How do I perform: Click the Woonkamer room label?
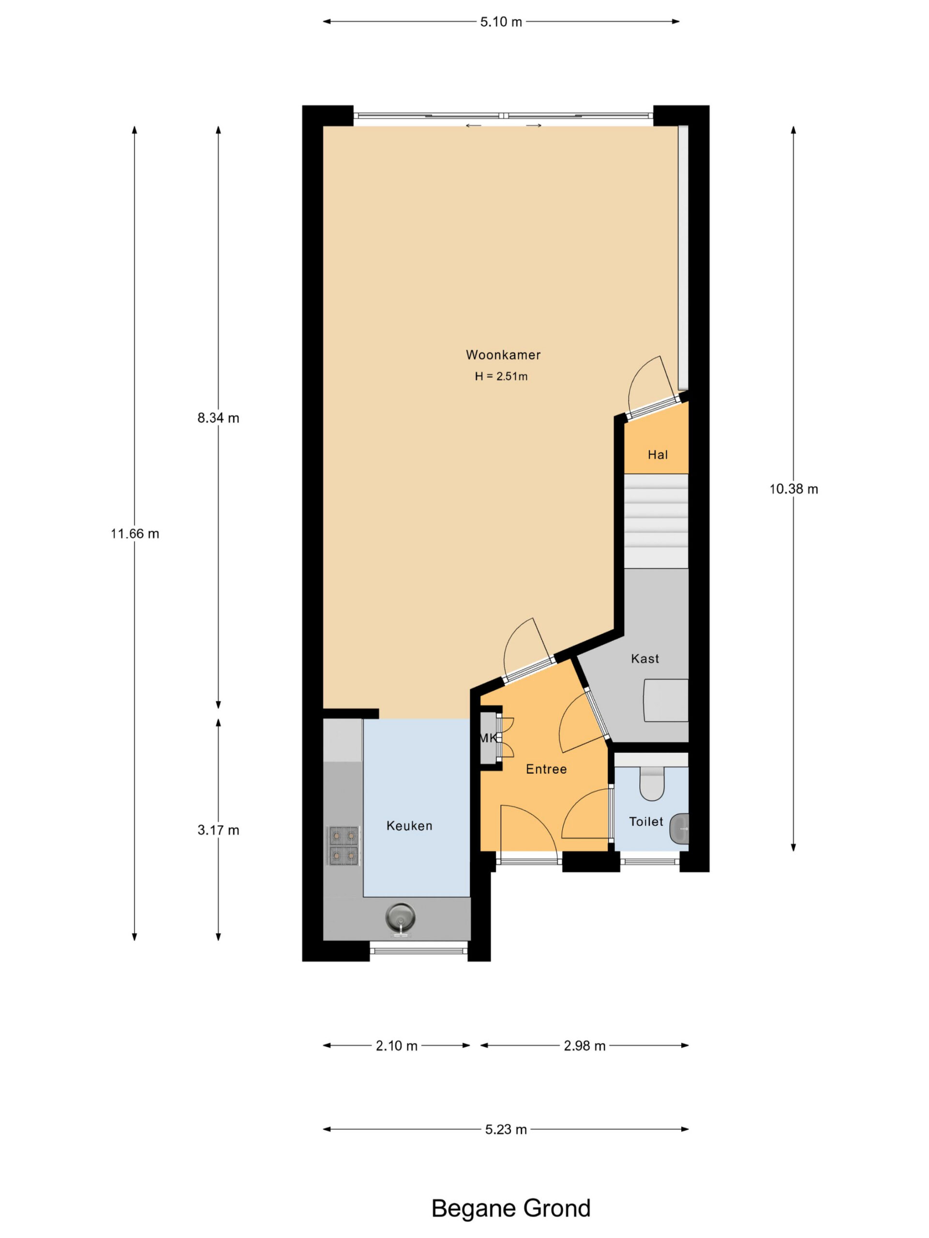pyautogui.click(x=503, y=355)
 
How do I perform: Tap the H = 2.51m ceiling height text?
pyautogui.click(x=501, y=377)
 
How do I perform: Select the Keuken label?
pyautogui.click(x=409, y=826)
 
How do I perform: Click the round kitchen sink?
pyautogui.click(x=400, y=918)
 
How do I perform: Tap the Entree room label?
pyautogui.click(x=546, y=769)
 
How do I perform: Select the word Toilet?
pyautogui.click(x=645, y=822)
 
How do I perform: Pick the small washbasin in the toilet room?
pyautogui.click(x=679, y=828)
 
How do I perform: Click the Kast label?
pyautogui.click(x=644, y=659)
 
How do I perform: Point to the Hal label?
pyautogui.click(x=658, y=455)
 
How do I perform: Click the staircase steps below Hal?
pyautogui.click(x=656, y=521)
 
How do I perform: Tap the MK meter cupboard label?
pyautogui.click(x=488, y=739)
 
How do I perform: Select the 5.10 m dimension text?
pyautogui.click(x=501, y=22)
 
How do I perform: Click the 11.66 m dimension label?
pyautogui.click(x=135, y=534)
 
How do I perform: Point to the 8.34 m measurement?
pyautogui.click(x=218, y=418)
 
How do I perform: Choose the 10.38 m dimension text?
pyautogui.click(x=794, y=489)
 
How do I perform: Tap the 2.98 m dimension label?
pyautogui.click(x=584, y=1046)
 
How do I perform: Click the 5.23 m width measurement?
pyautogui.click(x=506, y=1129)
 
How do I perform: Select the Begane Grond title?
pyautogui.click(x=510, y=1209)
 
